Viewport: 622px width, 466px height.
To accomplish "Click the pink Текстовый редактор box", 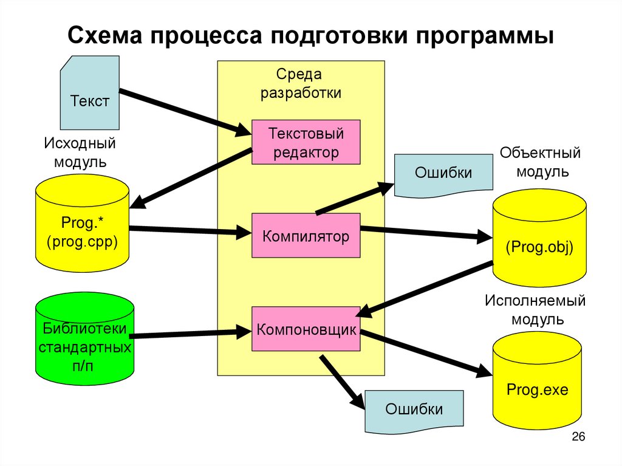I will click(x=306, y=142).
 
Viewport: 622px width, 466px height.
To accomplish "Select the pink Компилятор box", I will click(x=306, y=236).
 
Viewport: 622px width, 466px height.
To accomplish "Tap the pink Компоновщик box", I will click(x=306, y=329).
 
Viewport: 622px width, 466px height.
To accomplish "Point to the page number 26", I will click(x=578, y=437).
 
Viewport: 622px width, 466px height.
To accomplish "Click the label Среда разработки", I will click(x=301, y=84).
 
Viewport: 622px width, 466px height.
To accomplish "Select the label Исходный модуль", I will click(x=80, y=153).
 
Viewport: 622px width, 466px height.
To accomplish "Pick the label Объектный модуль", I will click(x=541, y=162).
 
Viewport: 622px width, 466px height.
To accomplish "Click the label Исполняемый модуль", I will click(x=535, y=310).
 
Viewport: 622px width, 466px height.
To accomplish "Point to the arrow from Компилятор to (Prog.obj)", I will click(x=425, y=233).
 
